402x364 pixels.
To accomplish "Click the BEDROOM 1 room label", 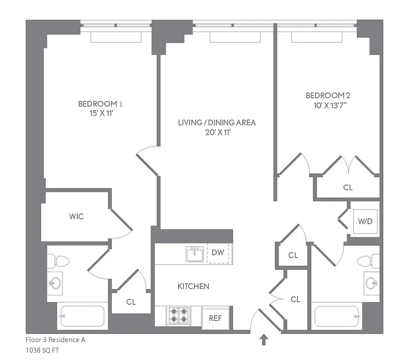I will (100, 104).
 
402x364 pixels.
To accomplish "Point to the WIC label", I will (76, 216).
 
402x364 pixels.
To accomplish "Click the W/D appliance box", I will (365, 222).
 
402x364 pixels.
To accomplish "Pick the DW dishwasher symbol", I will (219, 253).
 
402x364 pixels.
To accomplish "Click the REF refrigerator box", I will (215, 318).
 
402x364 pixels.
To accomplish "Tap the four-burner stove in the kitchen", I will (178, 315).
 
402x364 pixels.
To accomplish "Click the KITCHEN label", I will (193, 286).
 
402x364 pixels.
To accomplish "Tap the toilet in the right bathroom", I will (367, 261).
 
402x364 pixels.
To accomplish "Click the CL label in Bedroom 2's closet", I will (348, 187).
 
